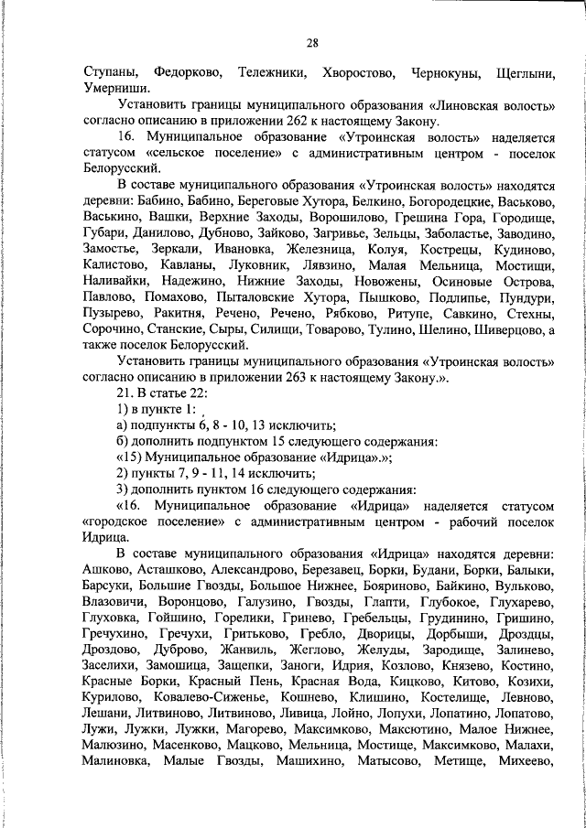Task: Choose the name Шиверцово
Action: [505, 328]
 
